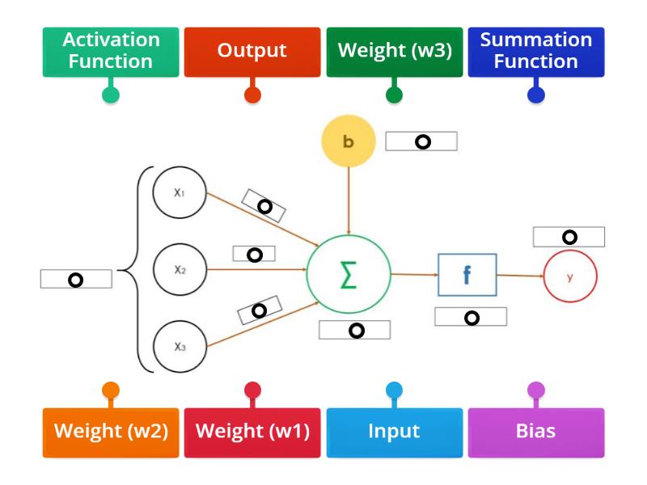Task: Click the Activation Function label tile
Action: pyautogui.click(x=111, y=52)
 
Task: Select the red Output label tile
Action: pyautogui.click(x=252, y=52)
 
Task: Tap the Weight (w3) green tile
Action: pyautogui.click(x=395, y=52)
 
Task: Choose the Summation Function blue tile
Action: pyautogui.click(x=536, y=52)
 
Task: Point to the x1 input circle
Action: pyautogui.click(x=180, y=193)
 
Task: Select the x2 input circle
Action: pyautogui.click(x=180, y=270)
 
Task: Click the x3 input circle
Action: pyautogui.click(x=180, y=346)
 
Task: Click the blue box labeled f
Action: pyautogui.click(x=467, y=275)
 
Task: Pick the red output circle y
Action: pyautogui.click(x=570, y=276)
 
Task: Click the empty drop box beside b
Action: pyautogui.click(x=421, y=141)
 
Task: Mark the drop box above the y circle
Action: pyautogui.click(x=569, y=237)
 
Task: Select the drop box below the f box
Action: pyautogui.click(x=471, y=317)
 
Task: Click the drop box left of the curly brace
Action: pyautogui.click(x=76, y=279)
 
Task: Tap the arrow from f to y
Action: pyautogui.click(x=520, y=276)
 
